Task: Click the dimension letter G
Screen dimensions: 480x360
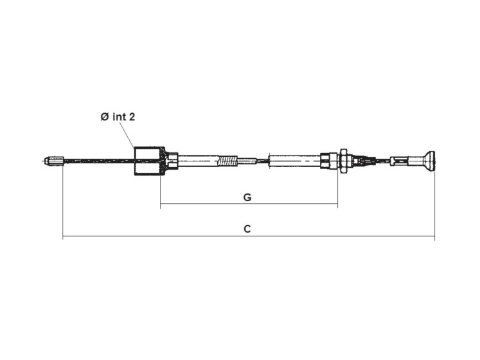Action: [247, 197]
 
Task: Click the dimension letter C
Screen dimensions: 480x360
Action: [247, 229]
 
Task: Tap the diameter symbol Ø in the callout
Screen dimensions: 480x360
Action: [105, 116]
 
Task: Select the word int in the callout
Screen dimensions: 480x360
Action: [120, 116]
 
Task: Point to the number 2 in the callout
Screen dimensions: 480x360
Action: [132, 116]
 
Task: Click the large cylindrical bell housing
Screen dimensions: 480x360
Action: [148, 161]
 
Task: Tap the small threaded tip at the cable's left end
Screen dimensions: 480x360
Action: [53, 161]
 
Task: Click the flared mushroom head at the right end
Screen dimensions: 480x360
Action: [429, 160]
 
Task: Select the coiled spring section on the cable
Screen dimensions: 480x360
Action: [227, 161]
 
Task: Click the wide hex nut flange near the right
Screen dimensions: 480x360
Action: [343, 161]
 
